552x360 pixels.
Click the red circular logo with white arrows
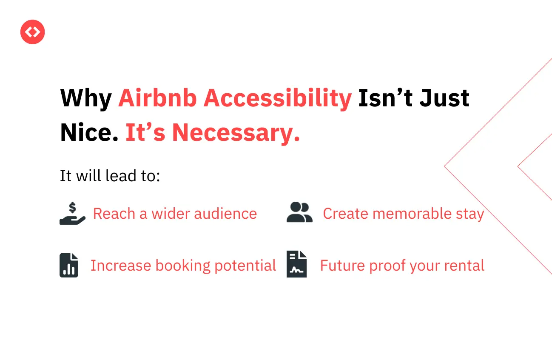click(x=32, y=32)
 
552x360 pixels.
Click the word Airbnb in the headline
click(x=157, y=98)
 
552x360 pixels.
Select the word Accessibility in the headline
click(x=277, y=99)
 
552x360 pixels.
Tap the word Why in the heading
click(x=86, y=99)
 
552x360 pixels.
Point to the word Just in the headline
click(x=444, y=98)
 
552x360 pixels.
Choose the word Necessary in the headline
click(x=236, y=133)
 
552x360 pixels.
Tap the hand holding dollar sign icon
click(x=72, y=213)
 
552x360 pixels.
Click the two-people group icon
click(x=299, y=212)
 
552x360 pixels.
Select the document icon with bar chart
click(x=69, y=265)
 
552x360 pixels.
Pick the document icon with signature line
click(x=296, y=264)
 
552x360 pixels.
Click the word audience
click(x=225, y=214)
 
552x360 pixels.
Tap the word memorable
click(x=412, y=214)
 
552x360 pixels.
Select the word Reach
click(x=114, y=214)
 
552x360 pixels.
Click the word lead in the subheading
click(x=121, y=176)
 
